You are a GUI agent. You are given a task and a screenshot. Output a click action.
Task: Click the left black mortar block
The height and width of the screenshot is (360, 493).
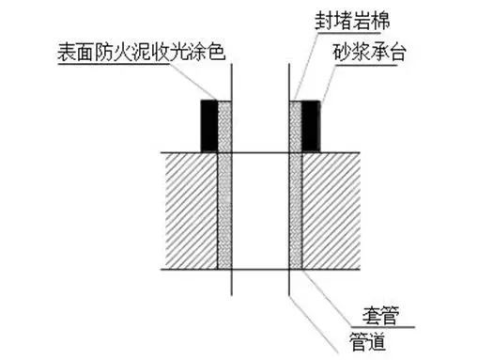[x=208, y=126]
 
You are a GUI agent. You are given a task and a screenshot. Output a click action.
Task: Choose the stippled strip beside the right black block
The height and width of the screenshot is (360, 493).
[x=295, y=126]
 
